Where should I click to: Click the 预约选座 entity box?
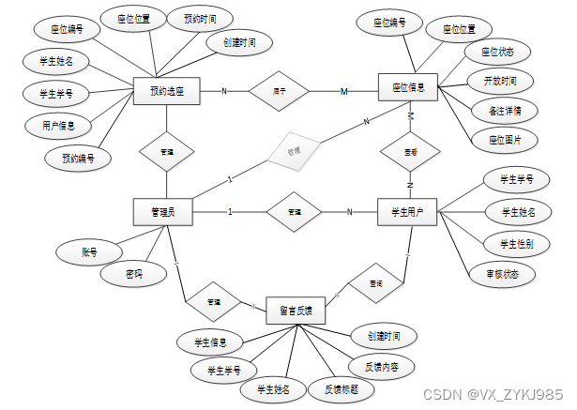tap(166, 91)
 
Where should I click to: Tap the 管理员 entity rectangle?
tap(163, 212)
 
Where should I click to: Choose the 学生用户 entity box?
tap(408, 212)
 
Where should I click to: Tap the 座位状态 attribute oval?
tap(497, 51)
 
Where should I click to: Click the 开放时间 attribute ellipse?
tap(500, 80)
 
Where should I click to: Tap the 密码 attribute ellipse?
tap(134, 275)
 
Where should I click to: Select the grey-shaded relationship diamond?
tap(293, 150)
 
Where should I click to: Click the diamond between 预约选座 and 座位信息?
tap(280, 91)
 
